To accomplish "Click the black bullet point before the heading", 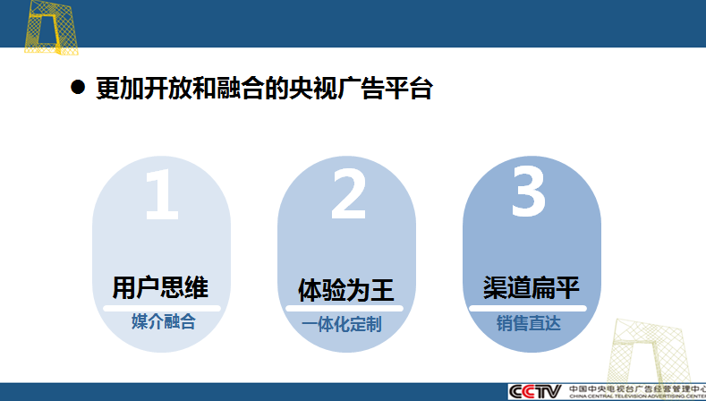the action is pyautogui.click(x=78, y=87).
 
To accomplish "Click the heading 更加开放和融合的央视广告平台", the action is pyautogui.click(x=264, y=88).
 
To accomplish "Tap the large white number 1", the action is pyautogui.click(x=162, y=194).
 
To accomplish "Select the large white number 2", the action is pyautogui.click(x=348, y=194).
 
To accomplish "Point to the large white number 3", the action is pyautogui.click(x=529, y=192).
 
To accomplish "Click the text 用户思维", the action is pyautogui.click(x=160, y=288).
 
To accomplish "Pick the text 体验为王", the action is pyautogui.click(x=345, y=290).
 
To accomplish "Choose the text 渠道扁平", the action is pyautogui.click(x=531, y=288).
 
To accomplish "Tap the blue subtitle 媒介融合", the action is pyautogui.click(x=164, y=321).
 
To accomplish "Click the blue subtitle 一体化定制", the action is pyautogui.click(x=342, y=324).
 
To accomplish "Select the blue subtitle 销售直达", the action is pyautogui.click(x=529, y=323).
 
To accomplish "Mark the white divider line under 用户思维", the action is pyautogui.click(x=162, y=309).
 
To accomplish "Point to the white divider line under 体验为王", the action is pyautogui.click(x=344, y=309).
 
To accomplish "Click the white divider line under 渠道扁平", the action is pyautogui.click(x=528, y=309).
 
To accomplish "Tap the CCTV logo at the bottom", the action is pyautogui.click(x=535, y=391).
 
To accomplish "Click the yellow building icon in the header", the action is pyautogui.click(x=51, y=28).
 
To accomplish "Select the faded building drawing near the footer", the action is pyautogui.click(x=650, y=352).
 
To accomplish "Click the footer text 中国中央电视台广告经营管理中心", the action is pyautogui.click(x=637, y=388).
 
